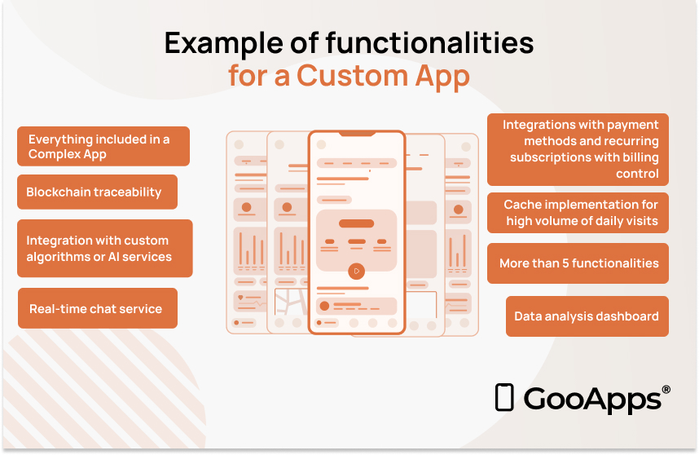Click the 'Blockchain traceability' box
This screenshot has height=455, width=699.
pos(97,192)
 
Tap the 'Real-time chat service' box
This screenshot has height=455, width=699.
pos(98,308)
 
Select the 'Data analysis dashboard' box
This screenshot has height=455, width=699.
pos(587,316)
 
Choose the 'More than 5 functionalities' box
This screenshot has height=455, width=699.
pos(578,263)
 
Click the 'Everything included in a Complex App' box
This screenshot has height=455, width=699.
pos(103,146)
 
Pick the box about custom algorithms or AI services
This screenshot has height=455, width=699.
pos(105,249)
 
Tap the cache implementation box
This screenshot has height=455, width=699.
pos(578,213)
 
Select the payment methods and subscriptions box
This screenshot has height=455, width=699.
pos(578,149)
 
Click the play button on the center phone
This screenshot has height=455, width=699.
pos(356,271)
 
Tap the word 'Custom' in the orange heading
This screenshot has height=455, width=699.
pos(352,75)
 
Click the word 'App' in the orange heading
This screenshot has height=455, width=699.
pos(442,77)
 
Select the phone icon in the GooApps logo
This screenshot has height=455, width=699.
pos(504,397)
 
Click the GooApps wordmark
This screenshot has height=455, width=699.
pos(592,400)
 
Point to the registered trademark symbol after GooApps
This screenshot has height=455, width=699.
pos(666,390)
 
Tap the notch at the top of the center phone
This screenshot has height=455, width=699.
pos(357,134)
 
